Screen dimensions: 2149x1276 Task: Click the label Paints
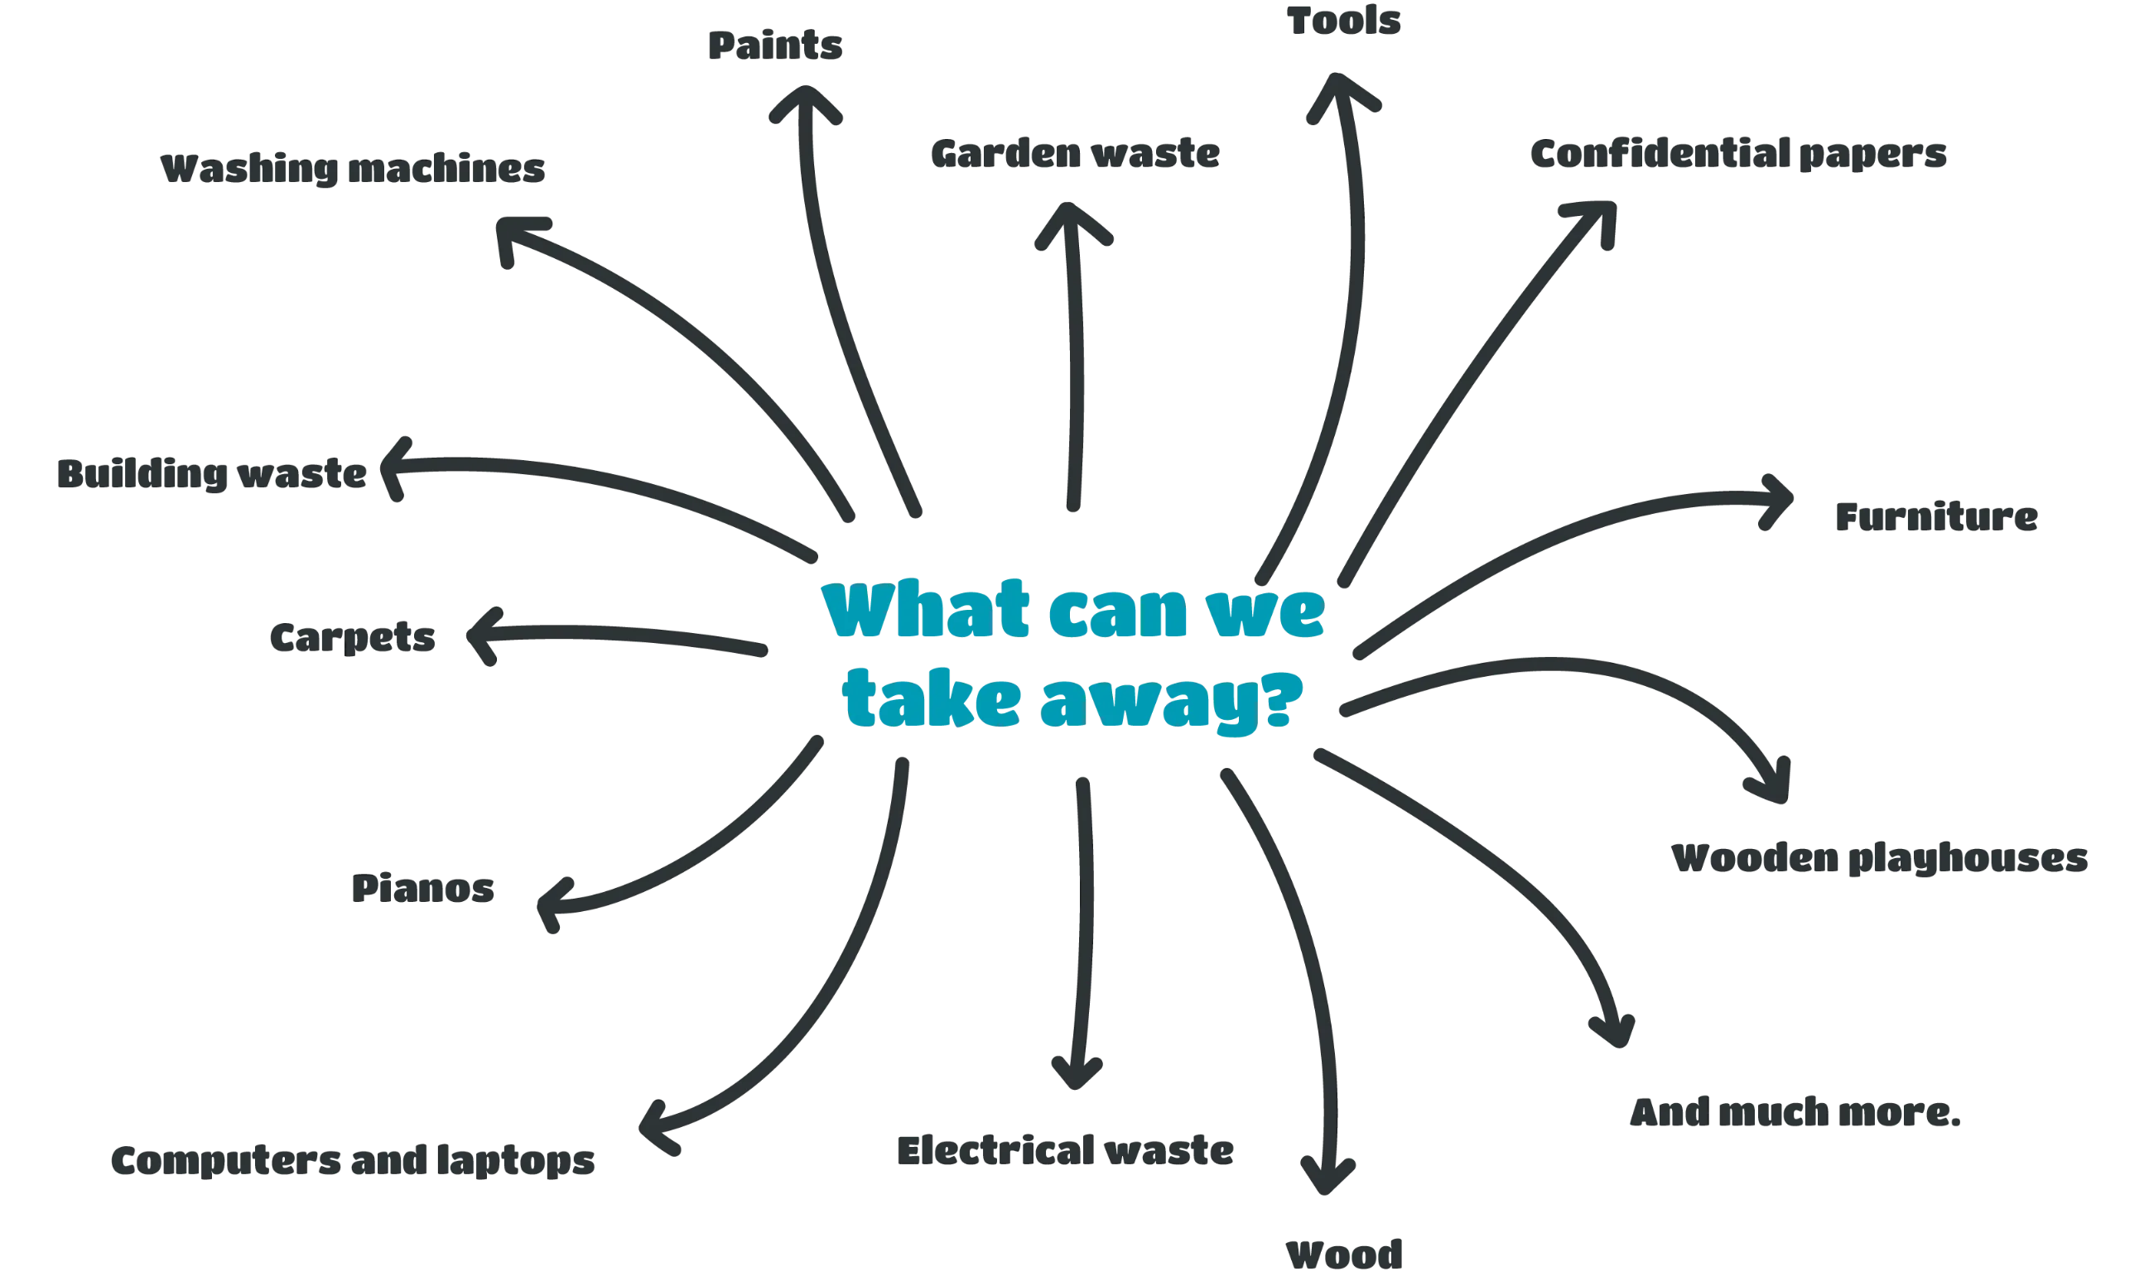pos(775,46)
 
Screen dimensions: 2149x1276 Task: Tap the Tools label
pos(1344,21)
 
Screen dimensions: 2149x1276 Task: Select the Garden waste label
pos(1076,154)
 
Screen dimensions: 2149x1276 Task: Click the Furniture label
pos(1936,516)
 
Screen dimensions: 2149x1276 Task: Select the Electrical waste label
pos(1065,1150)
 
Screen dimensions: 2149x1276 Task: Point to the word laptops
pos(515,1161)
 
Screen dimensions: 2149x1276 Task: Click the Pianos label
pos(423,888)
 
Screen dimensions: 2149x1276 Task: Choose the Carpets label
pos(353,637)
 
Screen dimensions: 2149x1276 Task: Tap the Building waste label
pos(212,474)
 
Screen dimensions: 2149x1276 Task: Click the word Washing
pos(250,170)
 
